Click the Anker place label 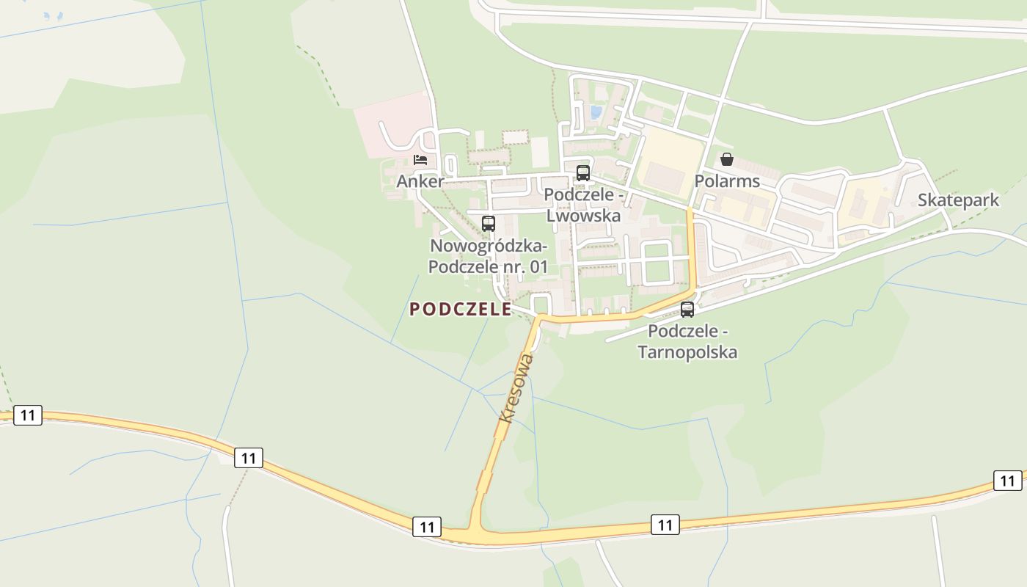pyautogui.click(x=420, y=181)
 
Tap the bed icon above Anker pyautogui.click(x=420, y=159)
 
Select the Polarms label pyautogui.click(x=727, y=181)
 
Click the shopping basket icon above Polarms pyautogui.click(x=727, y=159)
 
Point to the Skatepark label pyautogui.click(x=958, y=200)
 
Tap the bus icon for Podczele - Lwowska pyautogui.click(x=583, y=173)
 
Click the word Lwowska pyautogui.click(x=583, y=216)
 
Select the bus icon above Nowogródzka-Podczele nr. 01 pyautogui.click(x=489, y=224)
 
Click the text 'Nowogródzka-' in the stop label pyautogui.click(x=489, y=245)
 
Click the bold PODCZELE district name pyautogui.click(x=460, y=310)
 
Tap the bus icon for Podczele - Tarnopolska pyautogui.click(x=687, y=310)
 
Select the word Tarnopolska pyautogui.click(x=687, y=352)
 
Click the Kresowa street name pyautogui.click(x=516, y=387)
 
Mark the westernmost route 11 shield pyautogui.click(x=28, y=415)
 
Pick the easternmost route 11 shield pyautogui.click(x=1007, y=481)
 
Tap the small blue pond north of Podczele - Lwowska pyautogui.click(x=596, y=112)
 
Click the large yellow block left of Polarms pyautogui.click(x=669, y=165)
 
